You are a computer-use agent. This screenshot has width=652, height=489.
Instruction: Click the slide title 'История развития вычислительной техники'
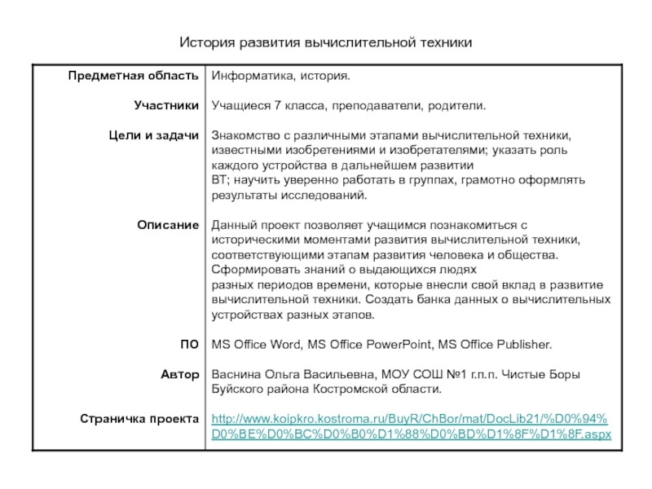(326, 40)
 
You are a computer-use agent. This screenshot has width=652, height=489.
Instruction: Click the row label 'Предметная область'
(133, 76)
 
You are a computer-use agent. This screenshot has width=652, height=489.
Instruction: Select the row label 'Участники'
(166, 105)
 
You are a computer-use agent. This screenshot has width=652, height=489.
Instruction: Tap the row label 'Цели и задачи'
(154, 134)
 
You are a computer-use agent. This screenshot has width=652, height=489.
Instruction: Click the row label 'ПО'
(189, 345)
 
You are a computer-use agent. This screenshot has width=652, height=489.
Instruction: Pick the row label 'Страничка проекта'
(139, 418)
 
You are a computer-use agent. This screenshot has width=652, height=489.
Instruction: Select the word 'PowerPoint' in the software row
(398, 345)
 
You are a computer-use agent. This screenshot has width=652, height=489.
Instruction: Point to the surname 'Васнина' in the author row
(236, 374)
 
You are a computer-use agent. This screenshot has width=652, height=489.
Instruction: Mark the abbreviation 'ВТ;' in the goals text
(222, 179)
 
